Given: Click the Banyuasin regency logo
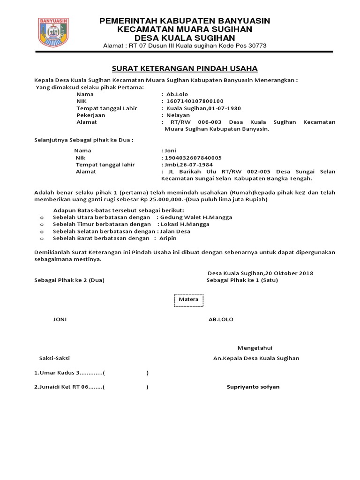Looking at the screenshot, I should coord(53,32).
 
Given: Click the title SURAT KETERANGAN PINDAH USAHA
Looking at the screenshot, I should coord(184,68).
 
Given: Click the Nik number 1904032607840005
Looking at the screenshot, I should coord(193,157).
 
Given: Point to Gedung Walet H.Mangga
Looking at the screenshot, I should coord(196,217).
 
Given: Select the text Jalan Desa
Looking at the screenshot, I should coord(175,231).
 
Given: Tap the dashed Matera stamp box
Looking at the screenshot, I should coord(188,299).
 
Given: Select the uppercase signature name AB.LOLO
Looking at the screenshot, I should coord(221,319).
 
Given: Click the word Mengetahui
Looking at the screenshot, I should coord(255,348).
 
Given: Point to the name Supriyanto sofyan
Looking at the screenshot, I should coord(253,387).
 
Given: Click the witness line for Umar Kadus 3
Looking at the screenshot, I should coord(91,373).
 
